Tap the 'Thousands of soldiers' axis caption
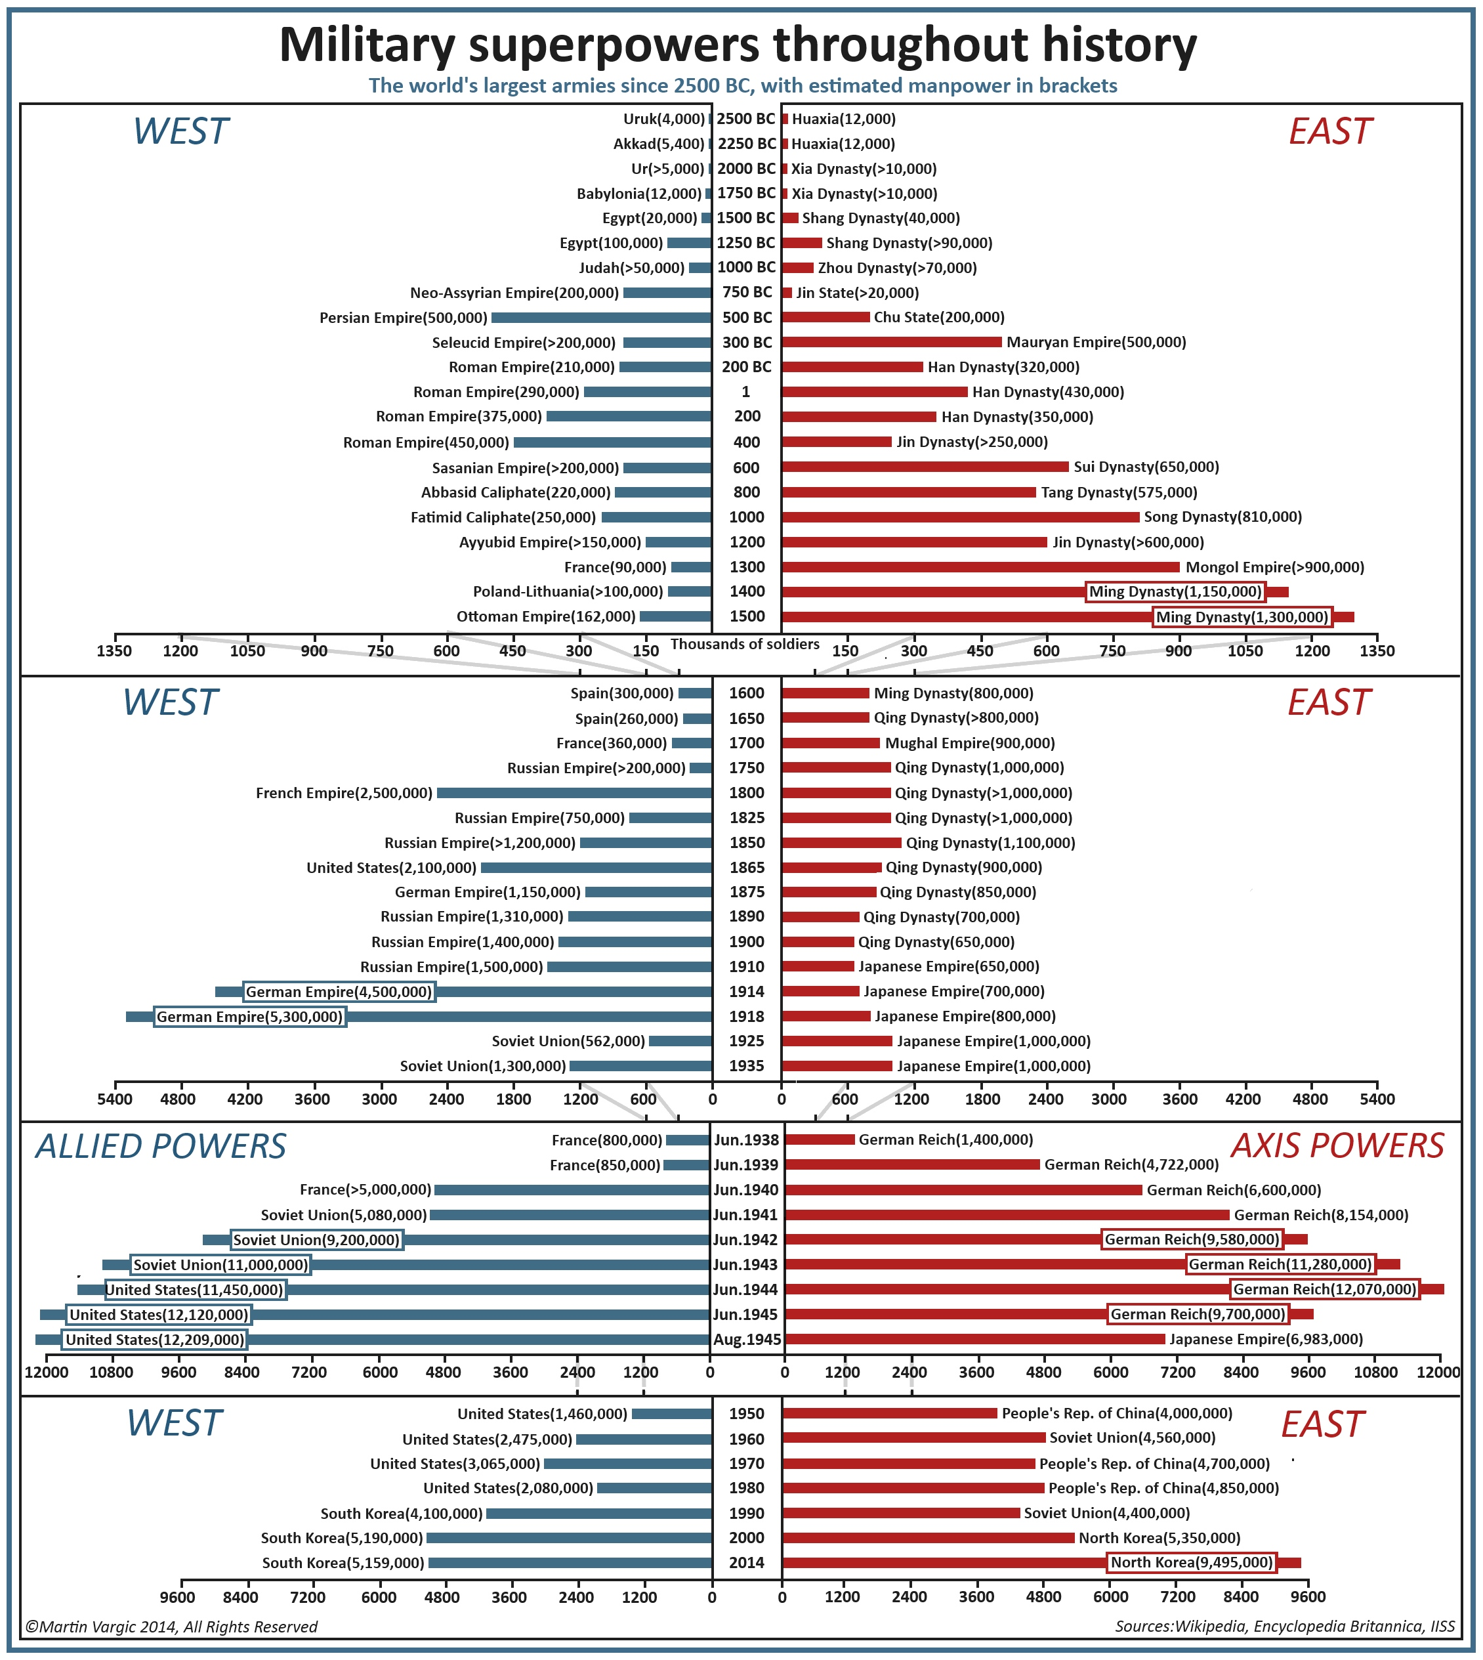(x=745, y=645)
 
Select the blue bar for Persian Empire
(x=601, y=318)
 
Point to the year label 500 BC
(x=746, y=318)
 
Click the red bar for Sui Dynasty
(x=925, y=467)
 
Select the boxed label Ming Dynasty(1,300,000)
(x=1242, y=618)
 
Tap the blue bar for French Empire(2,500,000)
(x=574, y=793)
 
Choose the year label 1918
(x=746, y=1016)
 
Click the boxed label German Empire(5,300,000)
(x=250, y=1017)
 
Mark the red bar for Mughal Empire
(x=831, y=743)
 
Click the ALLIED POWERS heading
(x=161, y=1147)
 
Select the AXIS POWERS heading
(x=1337, y=1146)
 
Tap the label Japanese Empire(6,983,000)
(x=1265, y=1340)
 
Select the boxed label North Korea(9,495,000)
(x=1191, y=1563)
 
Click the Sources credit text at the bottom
(x=1284, y=1627)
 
